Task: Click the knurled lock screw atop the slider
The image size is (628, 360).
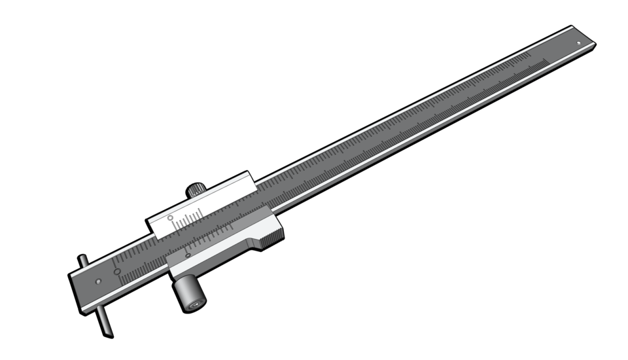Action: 196,190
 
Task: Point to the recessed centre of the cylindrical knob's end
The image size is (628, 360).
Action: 195,304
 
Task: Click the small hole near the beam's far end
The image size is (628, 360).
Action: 578,44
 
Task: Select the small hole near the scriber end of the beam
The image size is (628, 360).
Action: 97,281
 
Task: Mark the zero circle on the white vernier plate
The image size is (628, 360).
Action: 170,218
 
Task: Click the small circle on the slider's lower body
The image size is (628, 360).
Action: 188,255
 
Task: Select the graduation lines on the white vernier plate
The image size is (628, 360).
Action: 190,217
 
